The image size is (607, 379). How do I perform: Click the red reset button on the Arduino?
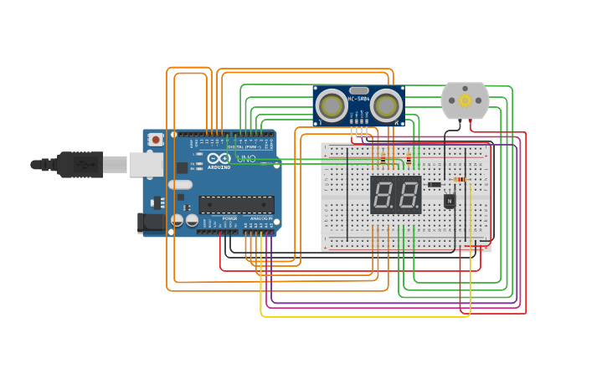[156, 140]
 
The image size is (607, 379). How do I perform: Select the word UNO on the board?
[246, 158]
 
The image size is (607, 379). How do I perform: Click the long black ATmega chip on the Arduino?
[236, 204]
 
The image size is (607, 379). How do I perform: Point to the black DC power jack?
[147, 223]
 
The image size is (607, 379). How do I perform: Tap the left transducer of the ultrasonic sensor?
[332, 106]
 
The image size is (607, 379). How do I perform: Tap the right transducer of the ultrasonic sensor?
[385, 106]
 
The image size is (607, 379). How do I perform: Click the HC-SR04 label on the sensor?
[358, 100]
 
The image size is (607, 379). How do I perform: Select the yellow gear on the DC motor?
[465, 100]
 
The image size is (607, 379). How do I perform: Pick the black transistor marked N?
[450, 201]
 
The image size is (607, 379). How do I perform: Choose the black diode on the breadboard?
[434, 185]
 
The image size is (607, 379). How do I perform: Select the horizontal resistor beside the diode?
[459, 179]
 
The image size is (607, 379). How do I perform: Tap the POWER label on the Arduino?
[230, 218]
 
